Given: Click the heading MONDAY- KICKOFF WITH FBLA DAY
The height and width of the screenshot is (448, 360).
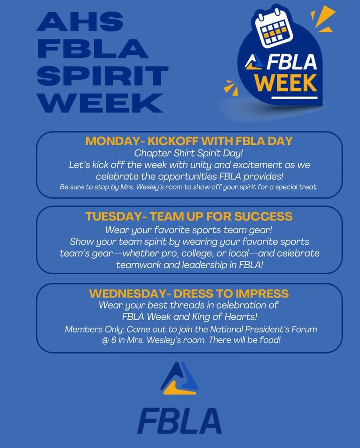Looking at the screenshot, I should point(189,141).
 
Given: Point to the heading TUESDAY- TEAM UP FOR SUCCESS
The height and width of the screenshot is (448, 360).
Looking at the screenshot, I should point(189,216).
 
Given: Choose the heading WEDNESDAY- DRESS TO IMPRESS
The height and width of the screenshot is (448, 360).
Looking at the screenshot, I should point(189,293).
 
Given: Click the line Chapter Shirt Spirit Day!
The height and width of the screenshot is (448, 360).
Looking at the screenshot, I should point(189,153).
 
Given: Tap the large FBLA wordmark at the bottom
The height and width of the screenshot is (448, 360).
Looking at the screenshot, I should point(180,421).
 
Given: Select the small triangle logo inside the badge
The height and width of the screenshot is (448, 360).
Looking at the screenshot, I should point(254,62).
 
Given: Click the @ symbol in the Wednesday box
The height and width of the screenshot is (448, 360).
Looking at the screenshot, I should point(105,340).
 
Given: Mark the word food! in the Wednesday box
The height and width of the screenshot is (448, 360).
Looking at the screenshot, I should point(268,340).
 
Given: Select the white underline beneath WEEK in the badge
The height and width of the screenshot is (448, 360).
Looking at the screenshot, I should point(293,97).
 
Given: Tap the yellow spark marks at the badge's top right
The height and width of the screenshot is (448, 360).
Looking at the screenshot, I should point(325,20).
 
